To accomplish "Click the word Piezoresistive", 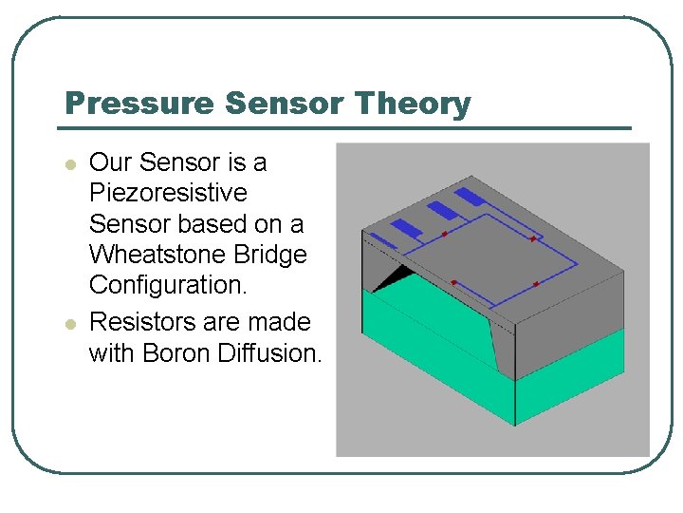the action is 167,194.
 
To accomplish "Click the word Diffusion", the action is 270,353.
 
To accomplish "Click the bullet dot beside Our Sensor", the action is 68,164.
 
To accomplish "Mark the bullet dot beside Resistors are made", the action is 68,324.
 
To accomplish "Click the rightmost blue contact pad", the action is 470,198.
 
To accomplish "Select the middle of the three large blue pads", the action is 441,210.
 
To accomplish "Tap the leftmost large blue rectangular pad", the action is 407,228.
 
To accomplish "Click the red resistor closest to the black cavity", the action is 454,281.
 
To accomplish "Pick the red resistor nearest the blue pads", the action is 444,233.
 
